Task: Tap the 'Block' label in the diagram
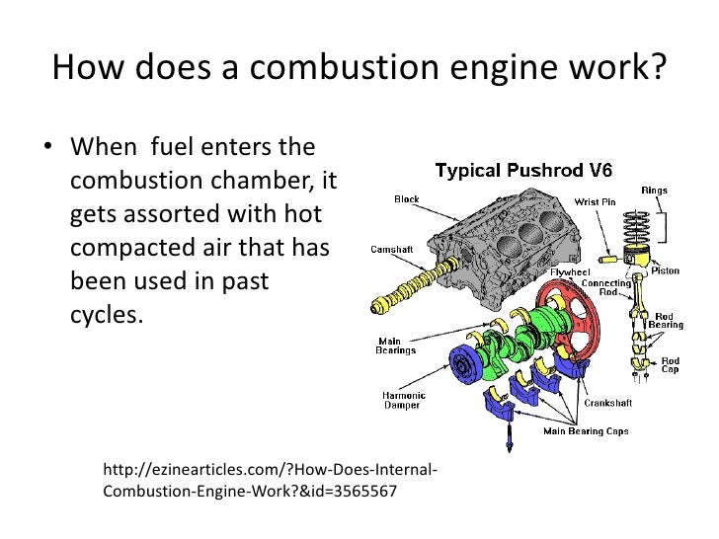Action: pyautogui.click(x=407, y=199)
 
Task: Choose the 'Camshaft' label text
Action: pyautogui.click(x=393, y=249)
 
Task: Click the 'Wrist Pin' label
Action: pyautogui.click(x=596, y=202)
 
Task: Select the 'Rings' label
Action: pyautogui.click(x=654, y=190)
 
